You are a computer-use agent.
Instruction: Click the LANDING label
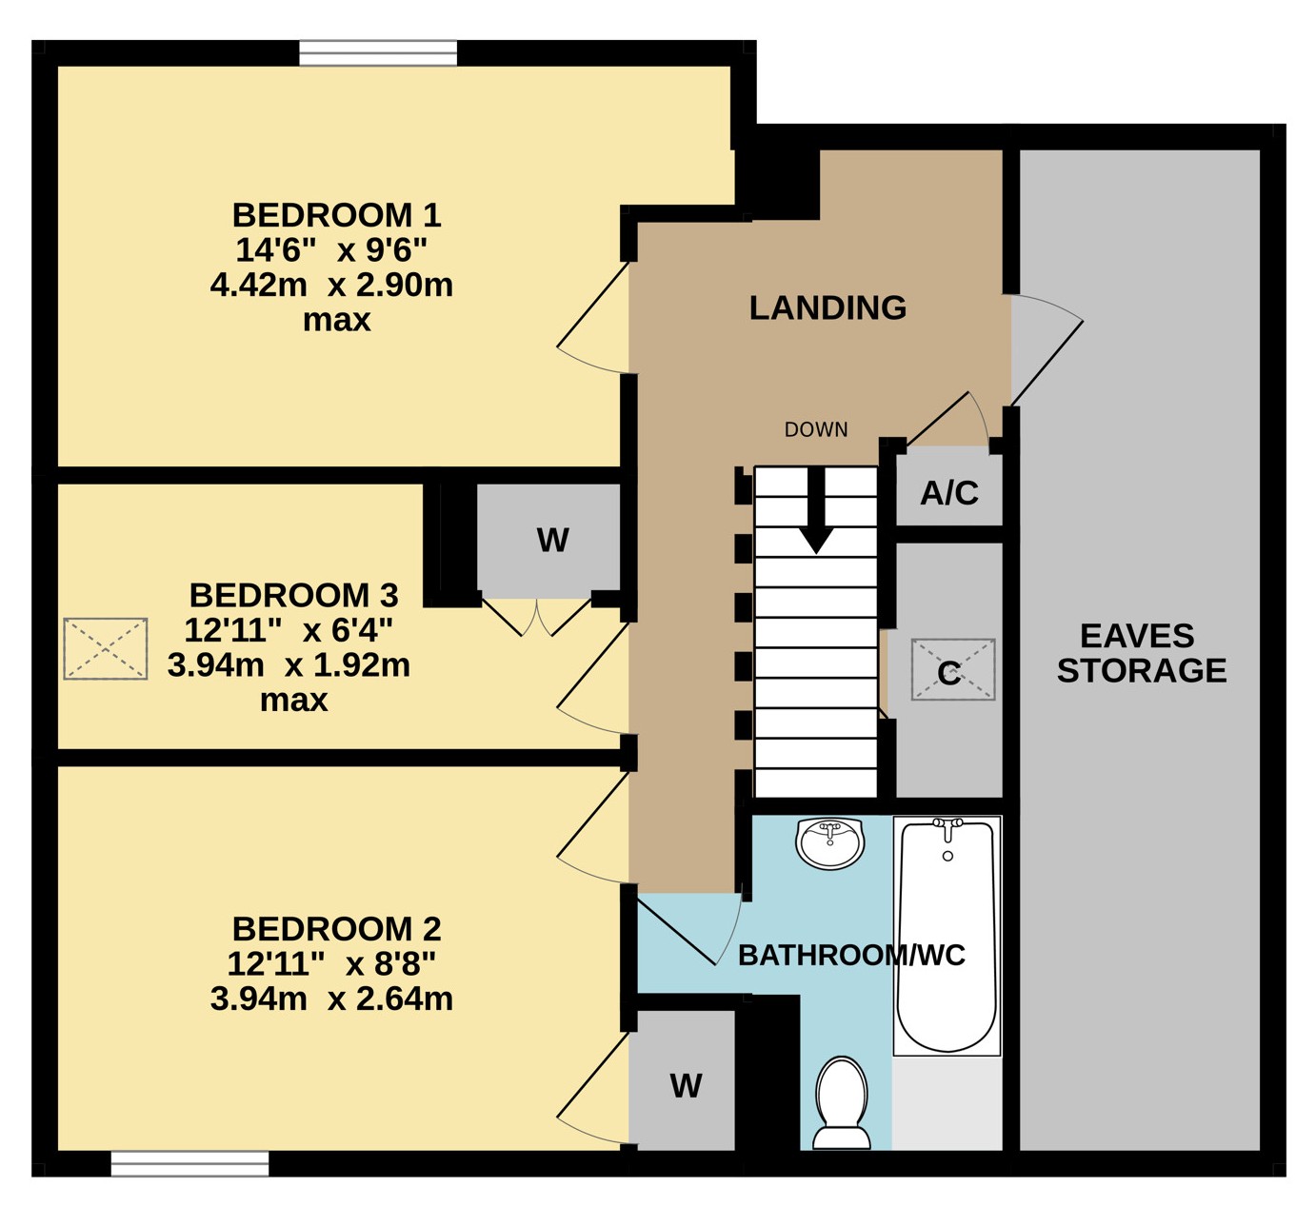(x=827, y=307)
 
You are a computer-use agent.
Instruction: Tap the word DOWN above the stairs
(x=816, y=429)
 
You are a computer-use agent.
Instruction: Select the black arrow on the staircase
(x=816, y=510)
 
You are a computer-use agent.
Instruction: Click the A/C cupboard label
(x=949, y=493)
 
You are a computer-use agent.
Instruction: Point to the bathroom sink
(x=830, y=844)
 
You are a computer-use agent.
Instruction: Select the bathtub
(x=947, y=936)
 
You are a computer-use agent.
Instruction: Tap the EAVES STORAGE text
(x=1142, y=653)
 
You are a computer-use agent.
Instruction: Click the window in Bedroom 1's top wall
(x=378, y=53)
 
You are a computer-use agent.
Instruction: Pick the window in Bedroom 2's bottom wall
(x=189, y=1164)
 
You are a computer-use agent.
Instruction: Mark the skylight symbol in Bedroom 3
(x=106, y=649)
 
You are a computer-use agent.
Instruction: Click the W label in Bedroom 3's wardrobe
(x=552, y=541)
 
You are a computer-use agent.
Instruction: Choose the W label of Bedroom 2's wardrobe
(x=687, y=1086)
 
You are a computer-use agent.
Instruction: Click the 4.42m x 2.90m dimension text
(x=331, y=286)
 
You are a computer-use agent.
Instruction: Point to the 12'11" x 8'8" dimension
(x=331, y=964)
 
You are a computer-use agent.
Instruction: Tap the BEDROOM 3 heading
(x=294, y=596)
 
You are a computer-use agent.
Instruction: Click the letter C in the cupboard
(x=949, y=673)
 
